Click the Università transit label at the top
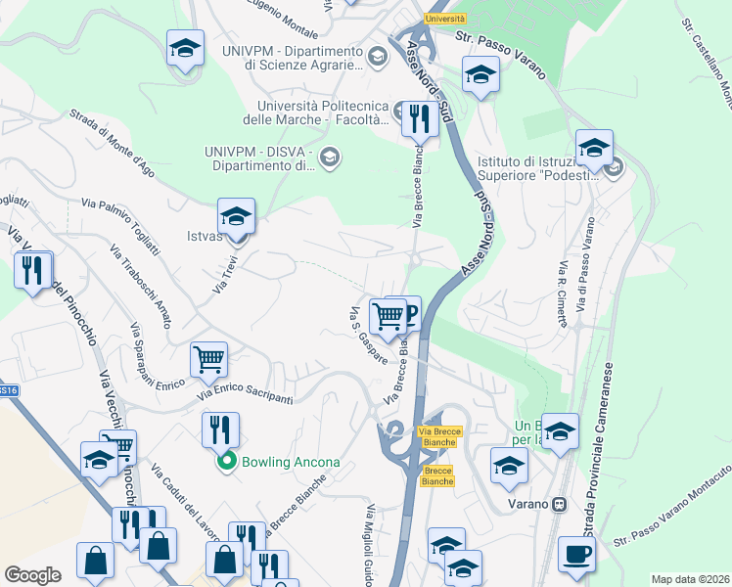pos(446,19)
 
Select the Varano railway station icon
pos(559,505)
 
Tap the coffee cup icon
pos(576,555)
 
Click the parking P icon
pos(408,313)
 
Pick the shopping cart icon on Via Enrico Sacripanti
pos(208,359)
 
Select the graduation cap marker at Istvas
pos(236,216)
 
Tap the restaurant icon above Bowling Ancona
pos(219,429)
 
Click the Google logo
pos(32,575)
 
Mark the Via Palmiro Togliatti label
pos(128,223)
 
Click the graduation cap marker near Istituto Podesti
pos(593,149)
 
